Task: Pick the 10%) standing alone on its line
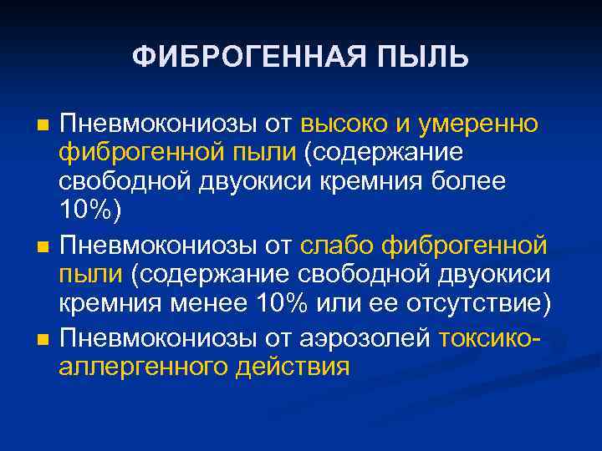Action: (89, 210)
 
